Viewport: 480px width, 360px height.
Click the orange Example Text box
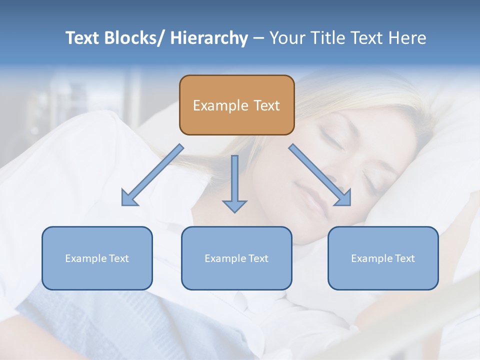pos(236,105)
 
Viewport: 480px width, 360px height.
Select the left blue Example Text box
pos(97,258)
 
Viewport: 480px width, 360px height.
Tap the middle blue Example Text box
pos(236,258)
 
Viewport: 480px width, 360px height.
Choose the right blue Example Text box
pos(383,258)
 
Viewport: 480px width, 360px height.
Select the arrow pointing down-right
pos(320,175)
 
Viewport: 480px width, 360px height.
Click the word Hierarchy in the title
pos(209,38)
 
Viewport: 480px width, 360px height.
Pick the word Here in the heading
pos(407,38)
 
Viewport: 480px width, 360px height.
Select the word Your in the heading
pos(285,38)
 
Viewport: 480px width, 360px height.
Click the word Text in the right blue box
pos(404,258)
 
